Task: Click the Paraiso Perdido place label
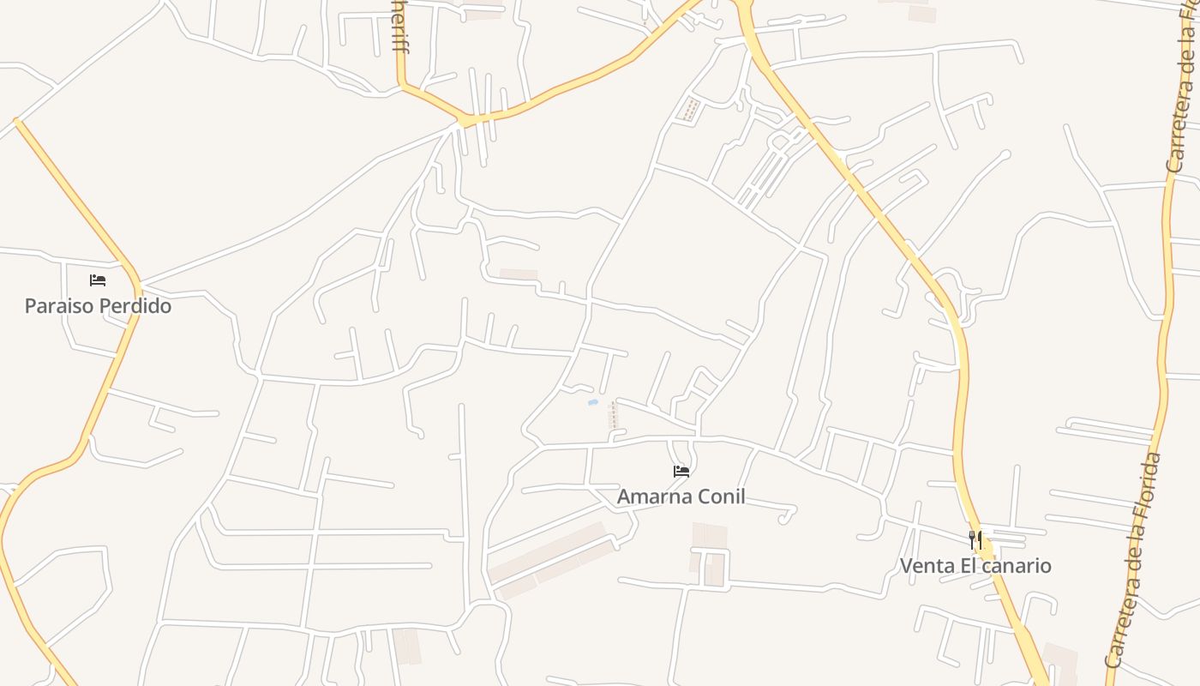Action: point(98,306)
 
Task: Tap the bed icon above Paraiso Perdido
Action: point(98,280)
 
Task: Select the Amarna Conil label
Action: point(681,496)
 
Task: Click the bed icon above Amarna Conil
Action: point(681,471)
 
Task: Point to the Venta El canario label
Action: point(975,566)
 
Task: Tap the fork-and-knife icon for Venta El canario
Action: point(975,540)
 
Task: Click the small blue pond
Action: point(591,401)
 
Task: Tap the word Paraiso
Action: point(58,306)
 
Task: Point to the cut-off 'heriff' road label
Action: point(399,26)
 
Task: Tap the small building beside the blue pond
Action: point(612,415)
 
